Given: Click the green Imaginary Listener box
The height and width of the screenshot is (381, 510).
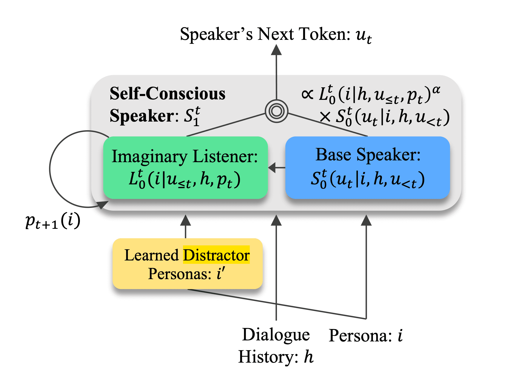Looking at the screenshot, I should coord(185,167).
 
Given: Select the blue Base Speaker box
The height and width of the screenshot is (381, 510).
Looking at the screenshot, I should coord(367,167).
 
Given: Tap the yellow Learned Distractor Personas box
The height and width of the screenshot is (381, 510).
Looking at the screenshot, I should coord(187,264).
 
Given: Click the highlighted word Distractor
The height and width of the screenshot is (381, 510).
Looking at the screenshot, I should coord(216,255).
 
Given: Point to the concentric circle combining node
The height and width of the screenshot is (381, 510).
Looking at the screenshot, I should coord(276,111).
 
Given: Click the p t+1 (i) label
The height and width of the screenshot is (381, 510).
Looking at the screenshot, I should coord(53,221).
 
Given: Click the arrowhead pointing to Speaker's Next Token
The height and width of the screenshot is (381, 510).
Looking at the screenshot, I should coord(276,50).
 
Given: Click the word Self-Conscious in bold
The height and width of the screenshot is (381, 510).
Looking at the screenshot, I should coord(167,93).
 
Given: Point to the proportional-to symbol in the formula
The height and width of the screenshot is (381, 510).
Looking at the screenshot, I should coord(307,94).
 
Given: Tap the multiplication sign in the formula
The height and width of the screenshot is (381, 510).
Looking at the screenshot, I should coord(325,117).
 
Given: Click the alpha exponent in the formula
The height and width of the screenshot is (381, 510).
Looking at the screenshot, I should coord(436,89).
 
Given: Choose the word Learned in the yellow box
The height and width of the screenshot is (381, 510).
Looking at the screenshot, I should coord(151,255).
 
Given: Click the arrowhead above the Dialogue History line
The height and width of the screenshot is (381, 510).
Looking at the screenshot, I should coord(276,220).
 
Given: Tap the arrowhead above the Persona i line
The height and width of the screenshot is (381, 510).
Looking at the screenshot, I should coord(366,220).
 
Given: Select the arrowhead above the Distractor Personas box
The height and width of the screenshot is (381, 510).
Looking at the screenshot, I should coord(186,220).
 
